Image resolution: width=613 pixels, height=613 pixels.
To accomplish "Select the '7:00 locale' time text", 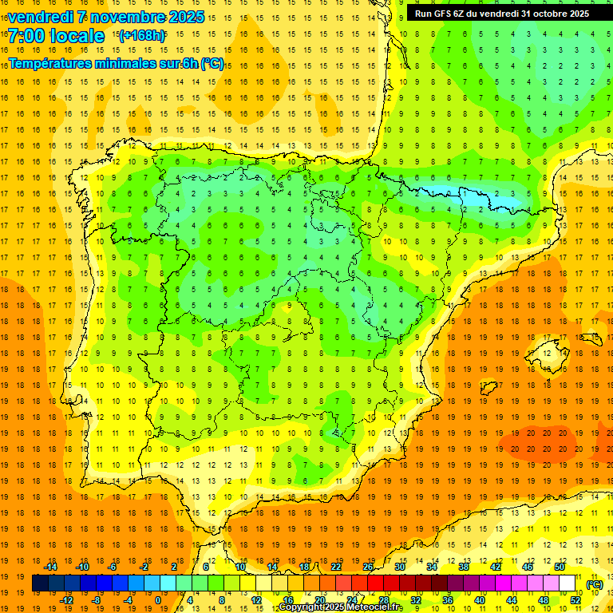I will click(x=56, y=36).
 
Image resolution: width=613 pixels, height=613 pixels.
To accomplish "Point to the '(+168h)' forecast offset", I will click(x=142, y=35).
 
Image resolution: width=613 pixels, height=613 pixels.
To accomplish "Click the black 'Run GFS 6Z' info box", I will click(x=502, y=13).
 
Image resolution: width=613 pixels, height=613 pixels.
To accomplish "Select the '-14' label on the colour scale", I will click(x=50, y=567).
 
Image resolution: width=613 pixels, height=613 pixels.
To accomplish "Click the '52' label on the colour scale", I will click(x=575, y=600).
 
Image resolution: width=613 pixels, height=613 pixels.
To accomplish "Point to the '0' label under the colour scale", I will click(x=159, y=600).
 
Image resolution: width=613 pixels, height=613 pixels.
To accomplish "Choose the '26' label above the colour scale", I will click(x=368, y=567).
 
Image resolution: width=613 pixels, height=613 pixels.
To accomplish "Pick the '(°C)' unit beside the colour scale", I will click(x=595, y=584).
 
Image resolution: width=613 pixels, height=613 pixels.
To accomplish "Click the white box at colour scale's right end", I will click(x=568, y=583).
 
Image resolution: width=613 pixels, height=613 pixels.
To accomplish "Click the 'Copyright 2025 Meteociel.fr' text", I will click(x=341, y=607).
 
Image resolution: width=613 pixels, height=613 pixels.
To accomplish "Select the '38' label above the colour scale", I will click(x=464, y=567).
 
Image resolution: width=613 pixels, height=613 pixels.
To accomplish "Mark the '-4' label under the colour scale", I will click(x=128, y=600).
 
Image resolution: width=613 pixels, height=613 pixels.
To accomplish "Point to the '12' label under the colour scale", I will click(x=256, y=600).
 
